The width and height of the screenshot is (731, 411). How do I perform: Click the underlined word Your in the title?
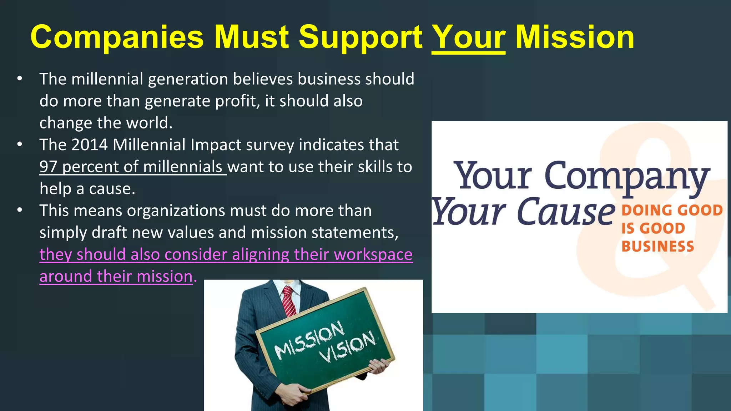point(468,37)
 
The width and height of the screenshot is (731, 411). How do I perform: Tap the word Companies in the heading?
point(117,37)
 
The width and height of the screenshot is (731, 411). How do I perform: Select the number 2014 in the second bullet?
point(89,145)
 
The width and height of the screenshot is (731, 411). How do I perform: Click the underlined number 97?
point(49,167)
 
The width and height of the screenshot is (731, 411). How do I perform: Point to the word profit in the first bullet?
point(236,101)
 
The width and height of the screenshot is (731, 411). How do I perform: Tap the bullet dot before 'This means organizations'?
point(20,210)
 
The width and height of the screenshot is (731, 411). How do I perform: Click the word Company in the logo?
point(626,177)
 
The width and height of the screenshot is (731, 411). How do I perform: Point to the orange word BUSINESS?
point(657,247)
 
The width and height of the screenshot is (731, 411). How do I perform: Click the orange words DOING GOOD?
point(672,210)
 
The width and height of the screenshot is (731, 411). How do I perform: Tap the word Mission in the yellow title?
point(575,37)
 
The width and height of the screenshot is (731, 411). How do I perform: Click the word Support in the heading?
point(361,37)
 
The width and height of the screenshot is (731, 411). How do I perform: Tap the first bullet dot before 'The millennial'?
point(20,78)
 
